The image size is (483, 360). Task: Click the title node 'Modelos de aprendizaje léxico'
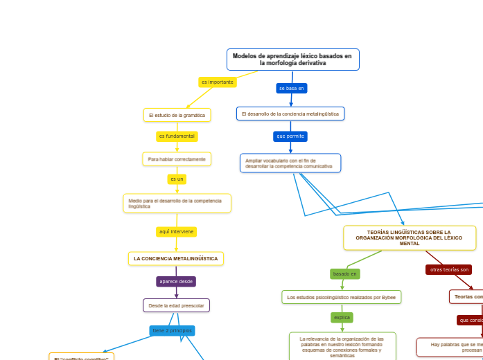click(292, 60)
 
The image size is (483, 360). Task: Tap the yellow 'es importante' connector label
click(218, 82)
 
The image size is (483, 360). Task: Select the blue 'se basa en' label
click(292, 89)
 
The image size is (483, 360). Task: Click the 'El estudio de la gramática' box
click(177, 115)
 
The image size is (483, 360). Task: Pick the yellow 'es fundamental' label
click(177, 136)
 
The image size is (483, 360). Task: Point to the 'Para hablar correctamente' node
click(177, 159)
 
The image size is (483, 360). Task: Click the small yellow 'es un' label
click(177, 179)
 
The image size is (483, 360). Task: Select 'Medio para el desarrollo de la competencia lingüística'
click(177, 204)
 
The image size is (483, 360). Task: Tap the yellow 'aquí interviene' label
click(176, 232)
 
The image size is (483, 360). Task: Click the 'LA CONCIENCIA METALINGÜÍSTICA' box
click(176, 259)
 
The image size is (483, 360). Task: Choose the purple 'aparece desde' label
click(176, 282)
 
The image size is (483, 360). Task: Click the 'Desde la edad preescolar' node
click(176, 305)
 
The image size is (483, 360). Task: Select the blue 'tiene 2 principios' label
click(172, 331)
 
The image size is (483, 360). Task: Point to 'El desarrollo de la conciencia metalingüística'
click(290, 114)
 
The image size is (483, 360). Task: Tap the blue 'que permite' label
click(290, 136)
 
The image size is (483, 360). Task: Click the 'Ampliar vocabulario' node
click(290, 163)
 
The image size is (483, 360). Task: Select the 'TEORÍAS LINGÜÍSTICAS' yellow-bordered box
click(409, 238)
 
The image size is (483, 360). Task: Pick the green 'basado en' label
click(345, 274)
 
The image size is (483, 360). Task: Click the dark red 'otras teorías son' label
click(449, 270)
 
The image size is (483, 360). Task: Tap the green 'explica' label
click(342, 318)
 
